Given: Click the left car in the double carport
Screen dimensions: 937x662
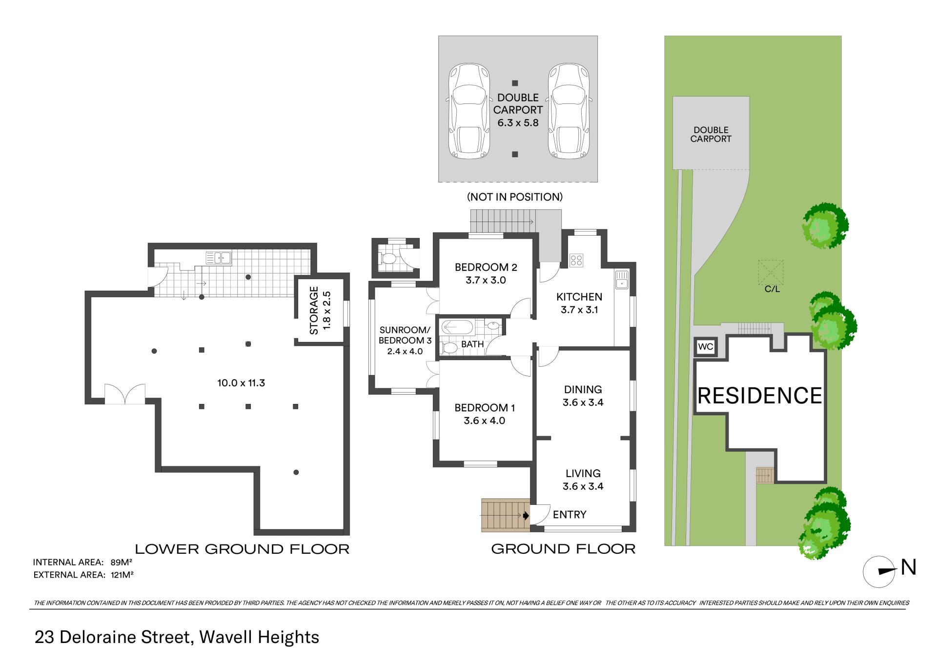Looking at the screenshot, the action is [x=469, y=112].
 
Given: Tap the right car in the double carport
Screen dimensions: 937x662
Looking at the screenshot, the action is [x=569, y=112].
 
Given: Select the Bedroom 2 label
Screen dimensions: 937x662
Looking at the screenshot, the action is [x=486, y=267].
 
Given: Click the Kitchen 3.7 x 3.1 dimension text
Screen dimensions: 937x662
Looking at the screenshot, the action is [x=579, y=310].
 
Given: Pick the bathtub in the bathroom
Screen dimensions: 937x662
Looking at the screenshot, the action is [x=456, y=327].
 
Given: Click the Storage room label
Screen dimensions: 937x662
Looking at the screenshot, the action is [x=314, y=311].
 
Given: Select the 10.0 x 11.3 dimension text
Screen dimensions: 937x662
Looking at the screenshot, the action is [x=241, y=383].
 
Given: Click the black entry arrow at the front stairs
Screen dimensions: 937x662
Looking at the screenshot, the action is [x=526, y=515].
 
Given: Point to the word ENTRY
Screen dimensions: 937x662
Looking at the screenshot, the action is [x=570, y=515].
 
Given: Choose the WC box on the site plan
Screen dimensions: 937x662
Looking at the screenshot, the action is [x=706, y=347].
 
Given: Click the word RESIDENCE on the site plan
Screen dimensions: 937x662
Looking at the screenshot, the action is [x=760, y=396].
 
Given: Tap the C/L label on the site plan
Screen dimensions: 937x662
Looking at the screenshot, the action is [x=772, y=289].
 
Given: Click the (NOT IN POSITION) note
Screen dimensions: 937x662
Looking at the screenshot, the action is [x=515, y=197].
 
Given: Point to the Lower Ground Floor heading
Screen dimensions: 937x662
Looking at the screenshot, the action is [x=242, y=549].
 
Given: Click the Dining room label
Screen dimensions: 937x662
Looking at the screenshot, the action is [x=583, y=389].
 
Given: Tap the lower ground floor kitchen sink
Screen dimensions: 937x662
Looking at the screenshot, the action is [x=218, y=257].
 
